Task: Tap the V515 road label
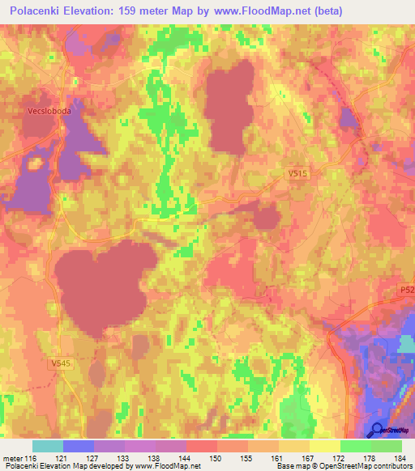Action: [x=299, y=174]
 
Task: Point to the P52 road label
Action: [x=406, y=289]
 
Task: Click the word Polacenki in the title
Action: [x=41, y=11]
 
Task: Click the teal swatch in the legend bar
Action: [x=48, y=446]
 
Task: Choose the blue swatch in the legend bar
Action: [x=79, y=446]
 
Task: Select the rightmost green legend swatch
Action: [x=387, y=446]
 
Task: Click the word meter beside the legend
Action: [x=14, y=458]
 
